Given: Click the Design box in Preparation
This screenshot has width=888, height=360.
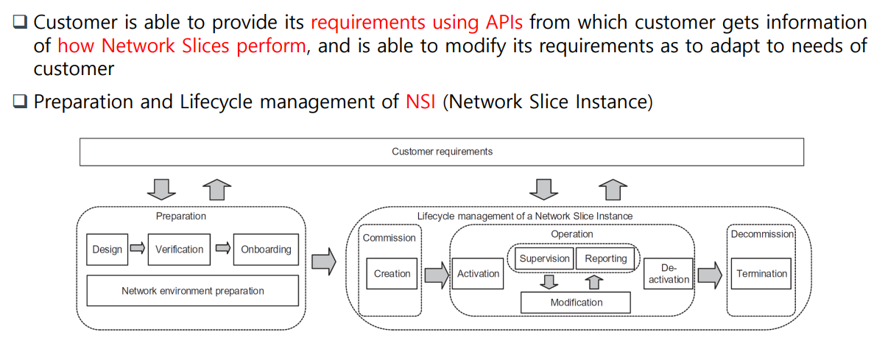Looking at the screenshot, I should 107,250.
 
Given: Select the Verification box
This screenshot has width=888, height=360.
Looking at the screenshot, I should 179,250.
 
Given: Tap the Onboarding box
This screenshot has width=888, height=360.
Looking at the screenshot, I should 266,250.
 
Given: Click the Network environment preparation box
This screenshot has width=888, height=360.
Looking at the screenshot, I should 192,291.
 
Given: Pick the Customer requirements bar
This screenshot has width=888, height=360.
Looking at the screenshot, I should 441,152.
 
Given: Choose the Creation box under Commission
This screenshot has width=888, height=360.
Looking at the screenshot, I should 392,274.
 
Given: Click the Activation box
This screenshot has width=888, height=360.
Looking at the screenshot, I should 478,274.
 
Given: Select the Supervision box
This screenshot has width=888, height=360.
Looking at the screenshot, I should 544,258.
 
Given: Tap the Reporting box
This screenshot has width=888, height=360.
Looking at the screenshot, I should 605,258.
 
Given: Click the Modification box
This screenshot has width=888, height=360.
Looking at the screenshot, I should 576,303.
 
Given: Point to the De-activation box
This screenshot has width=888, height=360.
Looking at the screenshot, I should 669,274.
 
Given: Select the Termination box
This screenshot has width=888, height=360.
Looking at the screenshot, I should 761,274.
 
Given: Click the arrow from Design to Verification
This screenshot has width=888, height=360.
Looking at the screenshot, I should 138,249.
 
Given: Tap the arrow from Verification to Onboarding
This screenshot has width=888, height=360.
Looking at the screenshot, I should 223,249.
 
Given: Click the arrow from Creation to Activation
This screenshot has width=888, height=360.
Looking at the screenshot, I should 436,275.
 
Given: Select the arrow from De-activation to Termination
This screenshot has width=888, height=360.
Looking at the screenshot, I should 710,275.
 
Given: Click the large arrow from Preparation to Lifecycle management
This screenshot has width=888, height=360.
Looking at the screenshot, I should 324,261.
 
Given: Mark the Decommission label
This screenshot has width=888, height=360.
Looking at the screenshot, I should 761,234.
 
